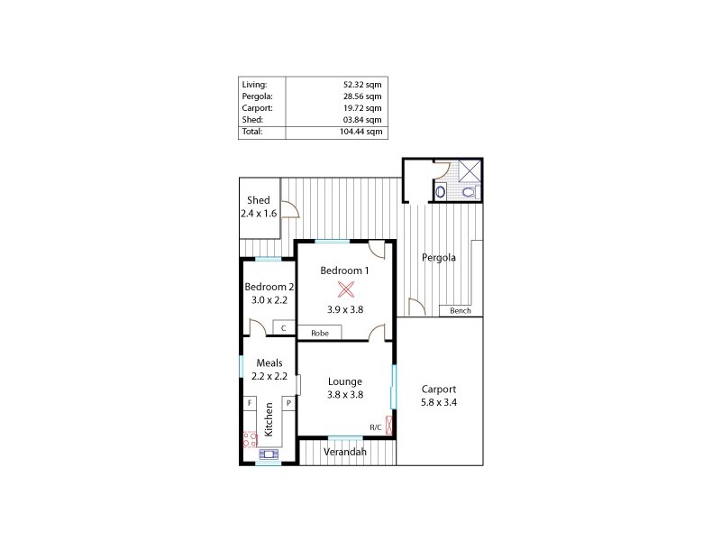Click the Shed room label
click(259, 200)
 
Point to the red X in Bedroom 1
click(346, 289)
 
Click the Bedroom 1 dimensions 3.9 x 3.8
click(345, 309)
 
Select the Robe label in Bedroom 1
click(320, 333)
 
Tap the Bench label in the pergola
click(461, 311)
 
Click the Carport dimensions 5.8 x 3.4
click(440, 403)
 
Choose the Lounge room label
click(345, 381)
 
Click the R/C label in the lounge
click(376, 427)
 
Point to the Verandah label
click(345, 452)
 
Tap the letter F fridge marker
click(250, 404)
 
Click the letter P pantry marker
click(288, 404)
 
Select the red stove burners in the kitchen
click(249, 440)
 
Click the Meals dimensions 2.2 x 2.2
click(269, 376)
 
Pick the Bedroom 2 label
click(269, 287)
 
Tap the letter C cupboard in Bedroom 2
click(284, 328)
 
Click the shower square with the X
click(470, 170)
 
